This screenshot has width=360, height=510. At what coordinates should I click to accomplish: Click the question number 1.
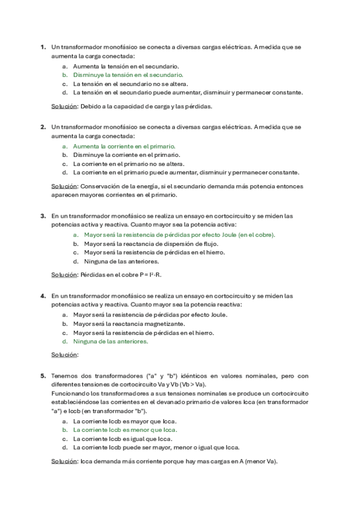43,46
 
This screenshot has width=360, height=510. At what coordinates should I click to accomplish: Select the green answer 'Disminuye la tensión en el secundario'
128,75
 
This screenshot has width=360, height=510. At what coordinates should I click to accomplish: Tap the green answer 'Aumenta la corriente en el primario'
124,146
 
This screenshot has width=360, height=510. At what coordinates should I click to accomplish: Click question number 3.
43,215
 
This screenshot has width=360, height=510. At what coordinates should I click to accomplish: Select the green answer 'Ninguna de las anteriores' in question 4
110,342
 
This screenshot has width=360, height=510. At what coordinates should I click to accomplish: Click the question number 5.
43,376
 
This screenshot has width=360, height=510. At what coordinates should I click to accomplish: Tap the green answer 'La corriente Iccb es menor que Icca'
124,430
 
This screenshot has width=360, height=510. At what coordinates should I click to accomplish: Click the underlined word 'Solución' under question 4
64,355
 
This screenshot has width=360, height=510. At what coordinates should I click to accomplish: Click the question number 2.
43,127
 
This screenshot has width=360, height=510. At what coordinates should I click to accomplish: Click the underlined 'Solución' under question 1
64,106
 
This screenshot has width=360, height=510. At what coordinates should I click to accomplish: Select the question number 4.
43,296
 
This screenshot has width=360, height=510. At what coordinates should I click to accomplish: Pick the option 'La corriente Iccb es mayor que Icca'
125,422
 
